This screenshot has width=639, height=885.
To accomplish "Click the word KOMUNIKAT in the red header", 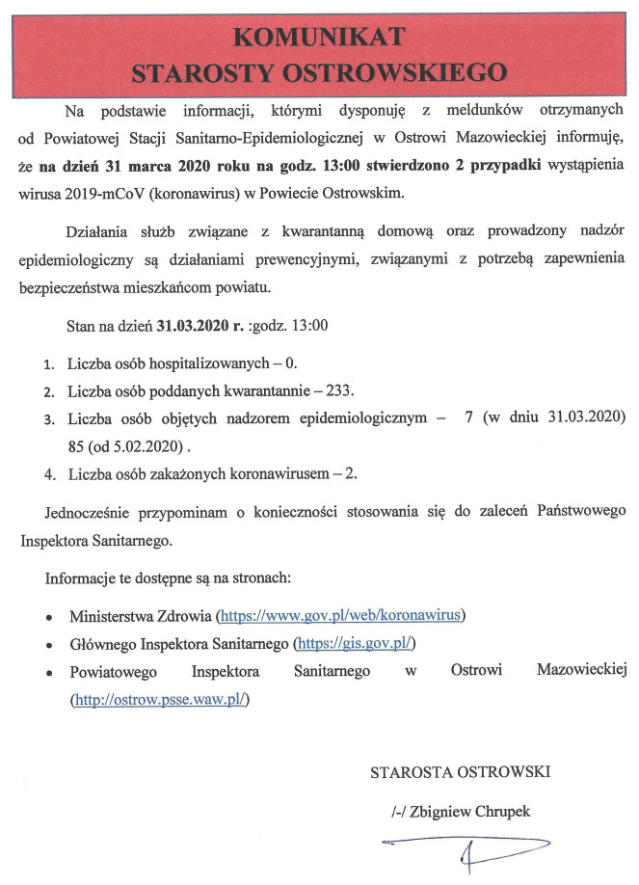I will [x=319, y=37].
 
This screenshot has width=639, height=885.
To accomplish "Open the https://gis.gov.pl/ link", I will [x=357, y=642].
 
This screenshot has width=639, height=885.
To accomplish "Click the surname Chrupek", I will [x=497, y=811].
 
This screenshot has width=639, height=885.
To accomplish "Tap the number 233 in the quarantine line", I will [x=337, y=392].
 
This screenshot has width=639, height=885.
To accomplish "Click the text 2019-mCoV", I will [x=101, y=192].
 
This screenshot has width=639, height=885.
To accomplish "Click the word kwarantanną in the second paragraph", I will [x=315, y=233].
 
